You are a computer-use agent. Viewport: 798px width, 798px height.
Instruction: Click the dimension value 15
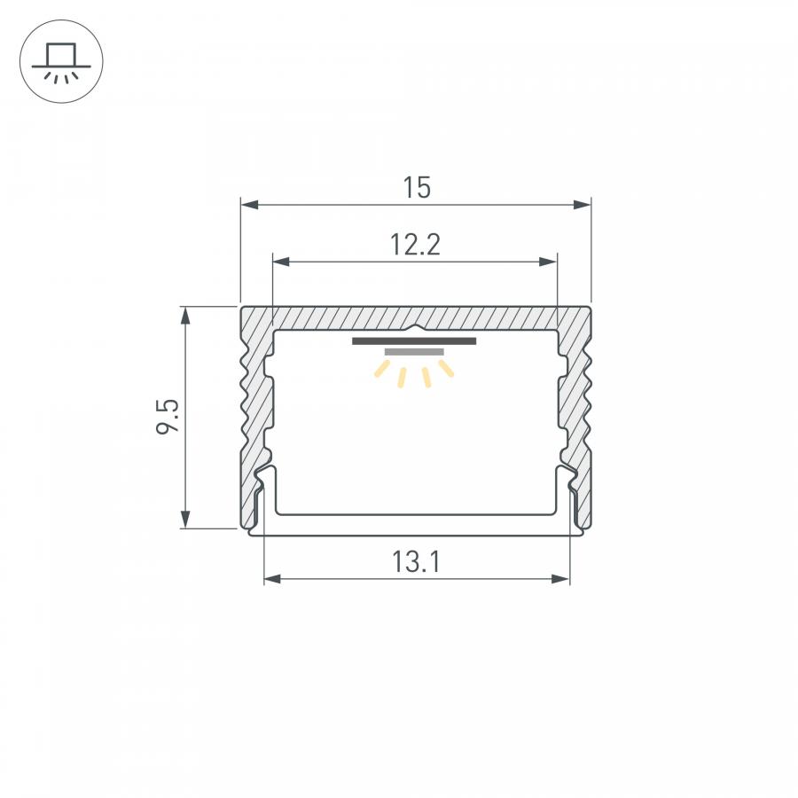point(417,187)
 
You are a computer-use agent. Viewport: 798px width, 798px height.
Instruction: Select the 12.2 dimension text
point(415,245)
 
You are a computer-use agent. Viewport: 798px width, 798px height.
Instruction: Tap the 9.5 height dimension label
point(168,416)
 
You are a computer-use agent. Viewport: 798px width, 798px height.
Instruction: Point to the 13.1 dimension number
point(416,562)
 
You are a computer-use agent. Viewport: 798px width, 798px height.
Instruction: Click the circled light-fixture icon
point(61,61)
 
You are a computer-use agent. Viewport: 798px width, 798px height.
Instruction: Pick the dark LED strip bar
point(414,341)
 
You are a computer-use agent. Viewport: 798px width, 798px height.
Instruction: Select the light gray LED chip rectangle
point(414,352)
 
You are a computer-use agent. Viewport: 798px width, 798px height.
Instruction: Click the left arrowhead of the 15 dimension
point(249,205)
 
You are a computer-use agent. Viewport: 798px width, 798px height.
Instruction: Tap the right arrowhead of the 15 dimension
point(583,205)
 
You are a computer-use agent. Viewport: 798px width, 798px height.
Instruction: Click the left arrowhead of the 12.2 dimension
point(281,262)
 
